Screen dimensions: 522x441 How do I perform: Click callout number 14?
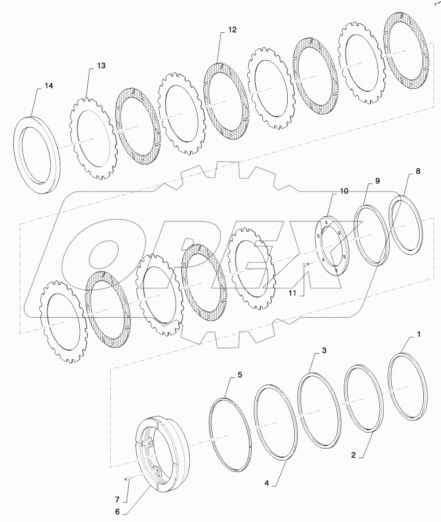[48, 86]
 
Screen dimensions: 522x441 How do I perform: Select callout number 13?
[101, 66]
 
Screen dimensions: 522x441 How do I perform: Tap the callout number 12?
[232, 30]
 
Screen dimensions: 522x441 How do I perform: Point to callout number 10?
[344, 191]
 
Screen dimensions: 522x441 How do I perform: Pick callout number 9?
[377, 181]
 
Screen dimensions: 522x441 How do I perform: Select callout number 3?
[324, 351]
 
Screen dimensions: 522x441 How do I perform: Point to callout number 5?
[239, 374]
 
